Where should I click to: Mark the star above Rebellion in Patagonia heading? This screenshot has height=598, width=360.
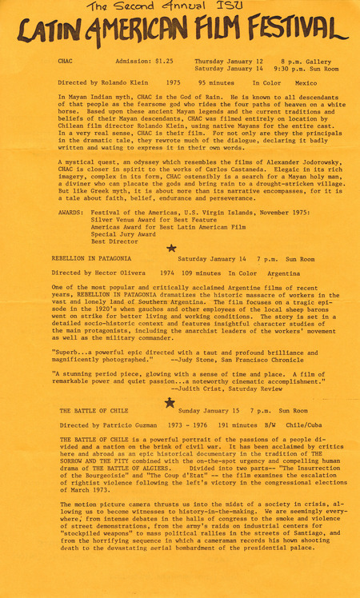[170, 249]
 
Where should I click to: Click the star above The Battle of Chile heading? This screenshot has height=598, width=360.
[170, 402]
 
